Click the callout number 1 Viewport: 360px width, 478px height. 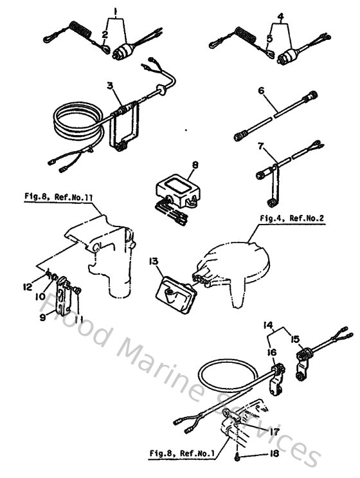click(x=114, y=12)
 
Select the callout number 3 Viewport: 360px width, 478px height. click(x=111, y=86)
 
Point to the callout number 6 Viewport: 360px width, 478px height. click(x=262, y=91)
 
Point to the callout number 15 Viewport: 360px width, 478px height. click(x=296, y=339)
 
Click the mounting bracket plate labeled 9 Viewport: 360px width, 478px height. click(x=64, y=296)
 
